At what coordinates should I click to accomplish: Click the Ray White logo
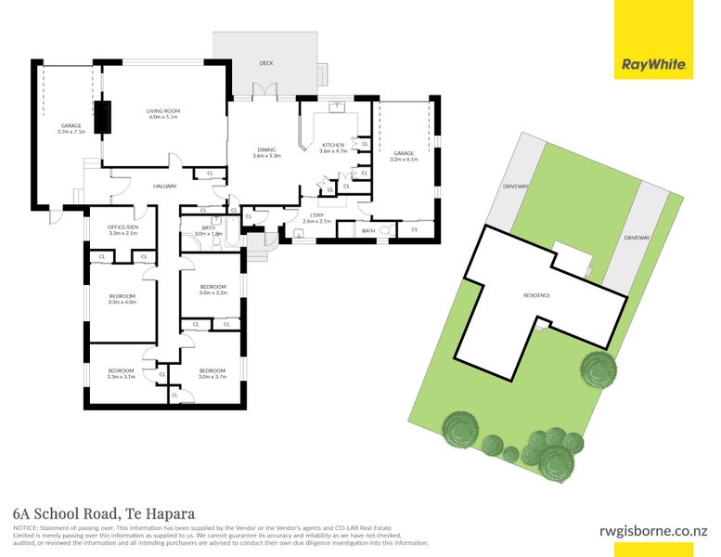point(653,65)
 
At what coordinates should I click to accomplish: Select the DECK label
point(266,63)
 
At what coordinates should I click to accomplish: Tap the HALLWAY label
point(164,187)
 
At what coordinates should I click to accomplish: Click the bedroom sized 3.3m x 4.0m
point(122,299)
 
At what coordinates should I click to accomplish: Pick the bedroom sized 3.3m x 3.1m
point(121,373)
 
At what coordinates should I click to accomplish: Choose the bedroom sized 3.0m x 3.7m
point(212,373)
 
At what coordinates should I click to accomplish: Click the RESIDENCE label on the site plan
point(536,295)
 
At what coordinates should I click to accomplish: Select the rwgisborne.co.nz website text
point(652,531)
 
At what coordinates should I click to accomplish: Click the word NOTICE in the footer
point(25,526)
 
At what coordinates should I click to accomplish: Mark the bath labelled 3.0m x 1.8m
point(208,231)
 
